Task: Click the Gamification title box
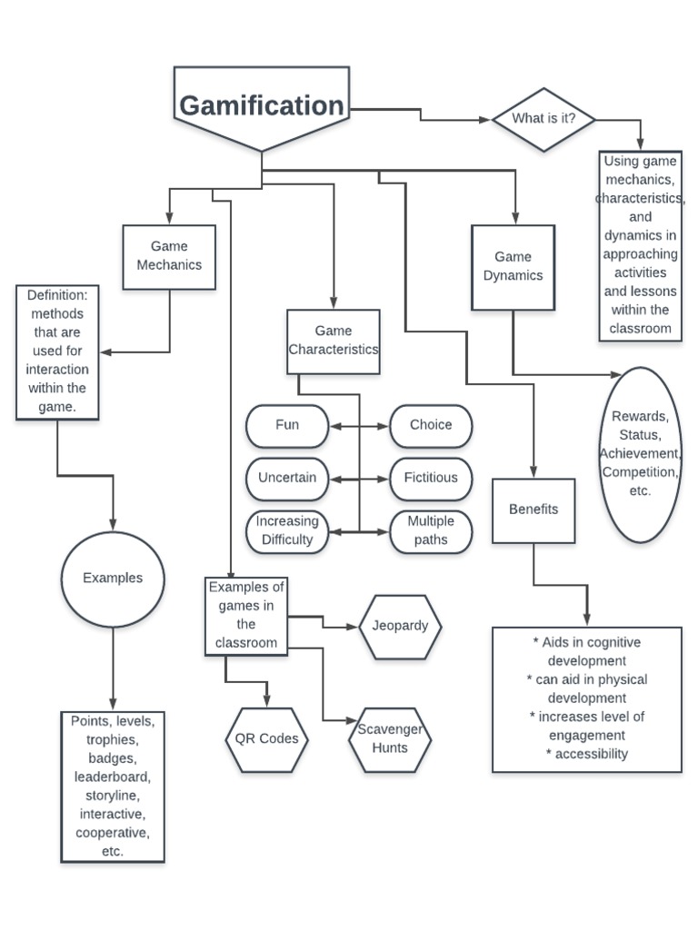click(261, 107)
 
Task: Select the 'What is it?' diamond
click(543, 119)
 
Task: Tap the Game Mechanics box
click(169, 257)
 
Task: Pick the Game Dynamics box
click(514, 267)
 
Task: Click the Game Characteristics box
click(333, 341)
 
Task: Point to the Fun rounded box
click(287, 426)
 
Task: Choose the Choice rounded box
click(431, 426)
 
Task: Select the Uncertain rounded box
click(287, 479)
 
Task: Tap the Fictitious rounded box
click(431, 479)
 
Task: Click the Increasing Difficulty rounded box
click(287, 531)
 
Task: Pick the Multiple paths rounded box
click(431, 531)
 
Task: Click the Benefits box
click(533, 510)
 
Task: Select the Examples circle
click(113, 579)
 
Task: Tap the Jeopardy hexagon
click(400, 627)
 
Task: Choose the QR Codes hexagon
click(266, 739)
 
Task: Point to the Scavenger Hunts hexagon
click(390, 739)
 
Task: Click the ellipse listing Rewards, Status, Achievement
click(640, 454)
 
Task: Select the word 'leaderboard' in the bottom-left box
click(112, 777)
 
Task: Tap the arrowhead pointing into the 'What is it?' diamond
click(485, 120)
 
